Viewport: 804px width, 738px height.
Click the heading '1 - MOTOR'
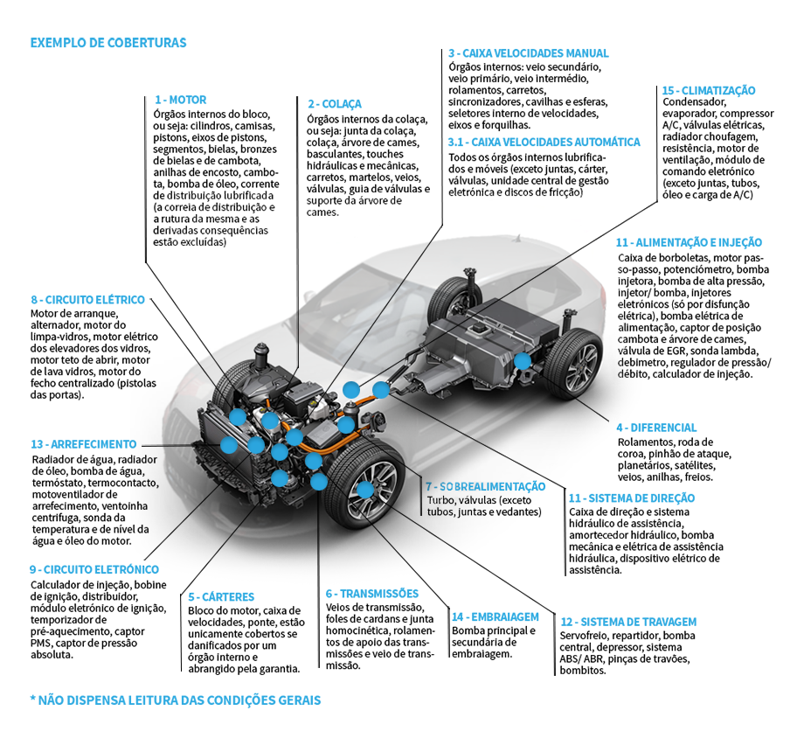coord(180,101)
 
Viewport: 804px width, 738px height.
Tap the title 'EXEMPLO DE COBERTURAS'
coord(107,42)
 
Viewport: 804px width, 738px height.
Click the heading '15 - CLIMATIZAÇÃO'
coord(708,90)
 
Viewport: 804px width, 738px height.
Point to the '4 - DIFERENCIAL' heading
coord(655,428)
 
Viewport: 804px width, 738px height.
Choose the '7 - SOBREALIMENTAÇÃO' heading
coord(485,486)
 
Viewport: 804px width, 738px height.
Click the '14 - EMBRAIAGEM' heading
coord(495,616)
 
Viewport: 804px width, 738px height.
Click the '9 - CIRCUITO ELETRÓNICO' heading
coord(94,570)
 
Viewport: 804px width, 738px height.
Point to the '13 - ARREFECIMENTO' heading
coord(83,444)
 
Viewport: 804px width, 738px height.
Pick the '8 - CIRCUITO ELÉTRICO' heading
coord(87,300)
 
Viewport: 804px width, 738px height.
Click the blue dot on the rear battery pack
coord(522,359)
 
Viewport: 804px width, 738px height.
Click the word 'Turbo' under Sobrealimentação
coord(439,500)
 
